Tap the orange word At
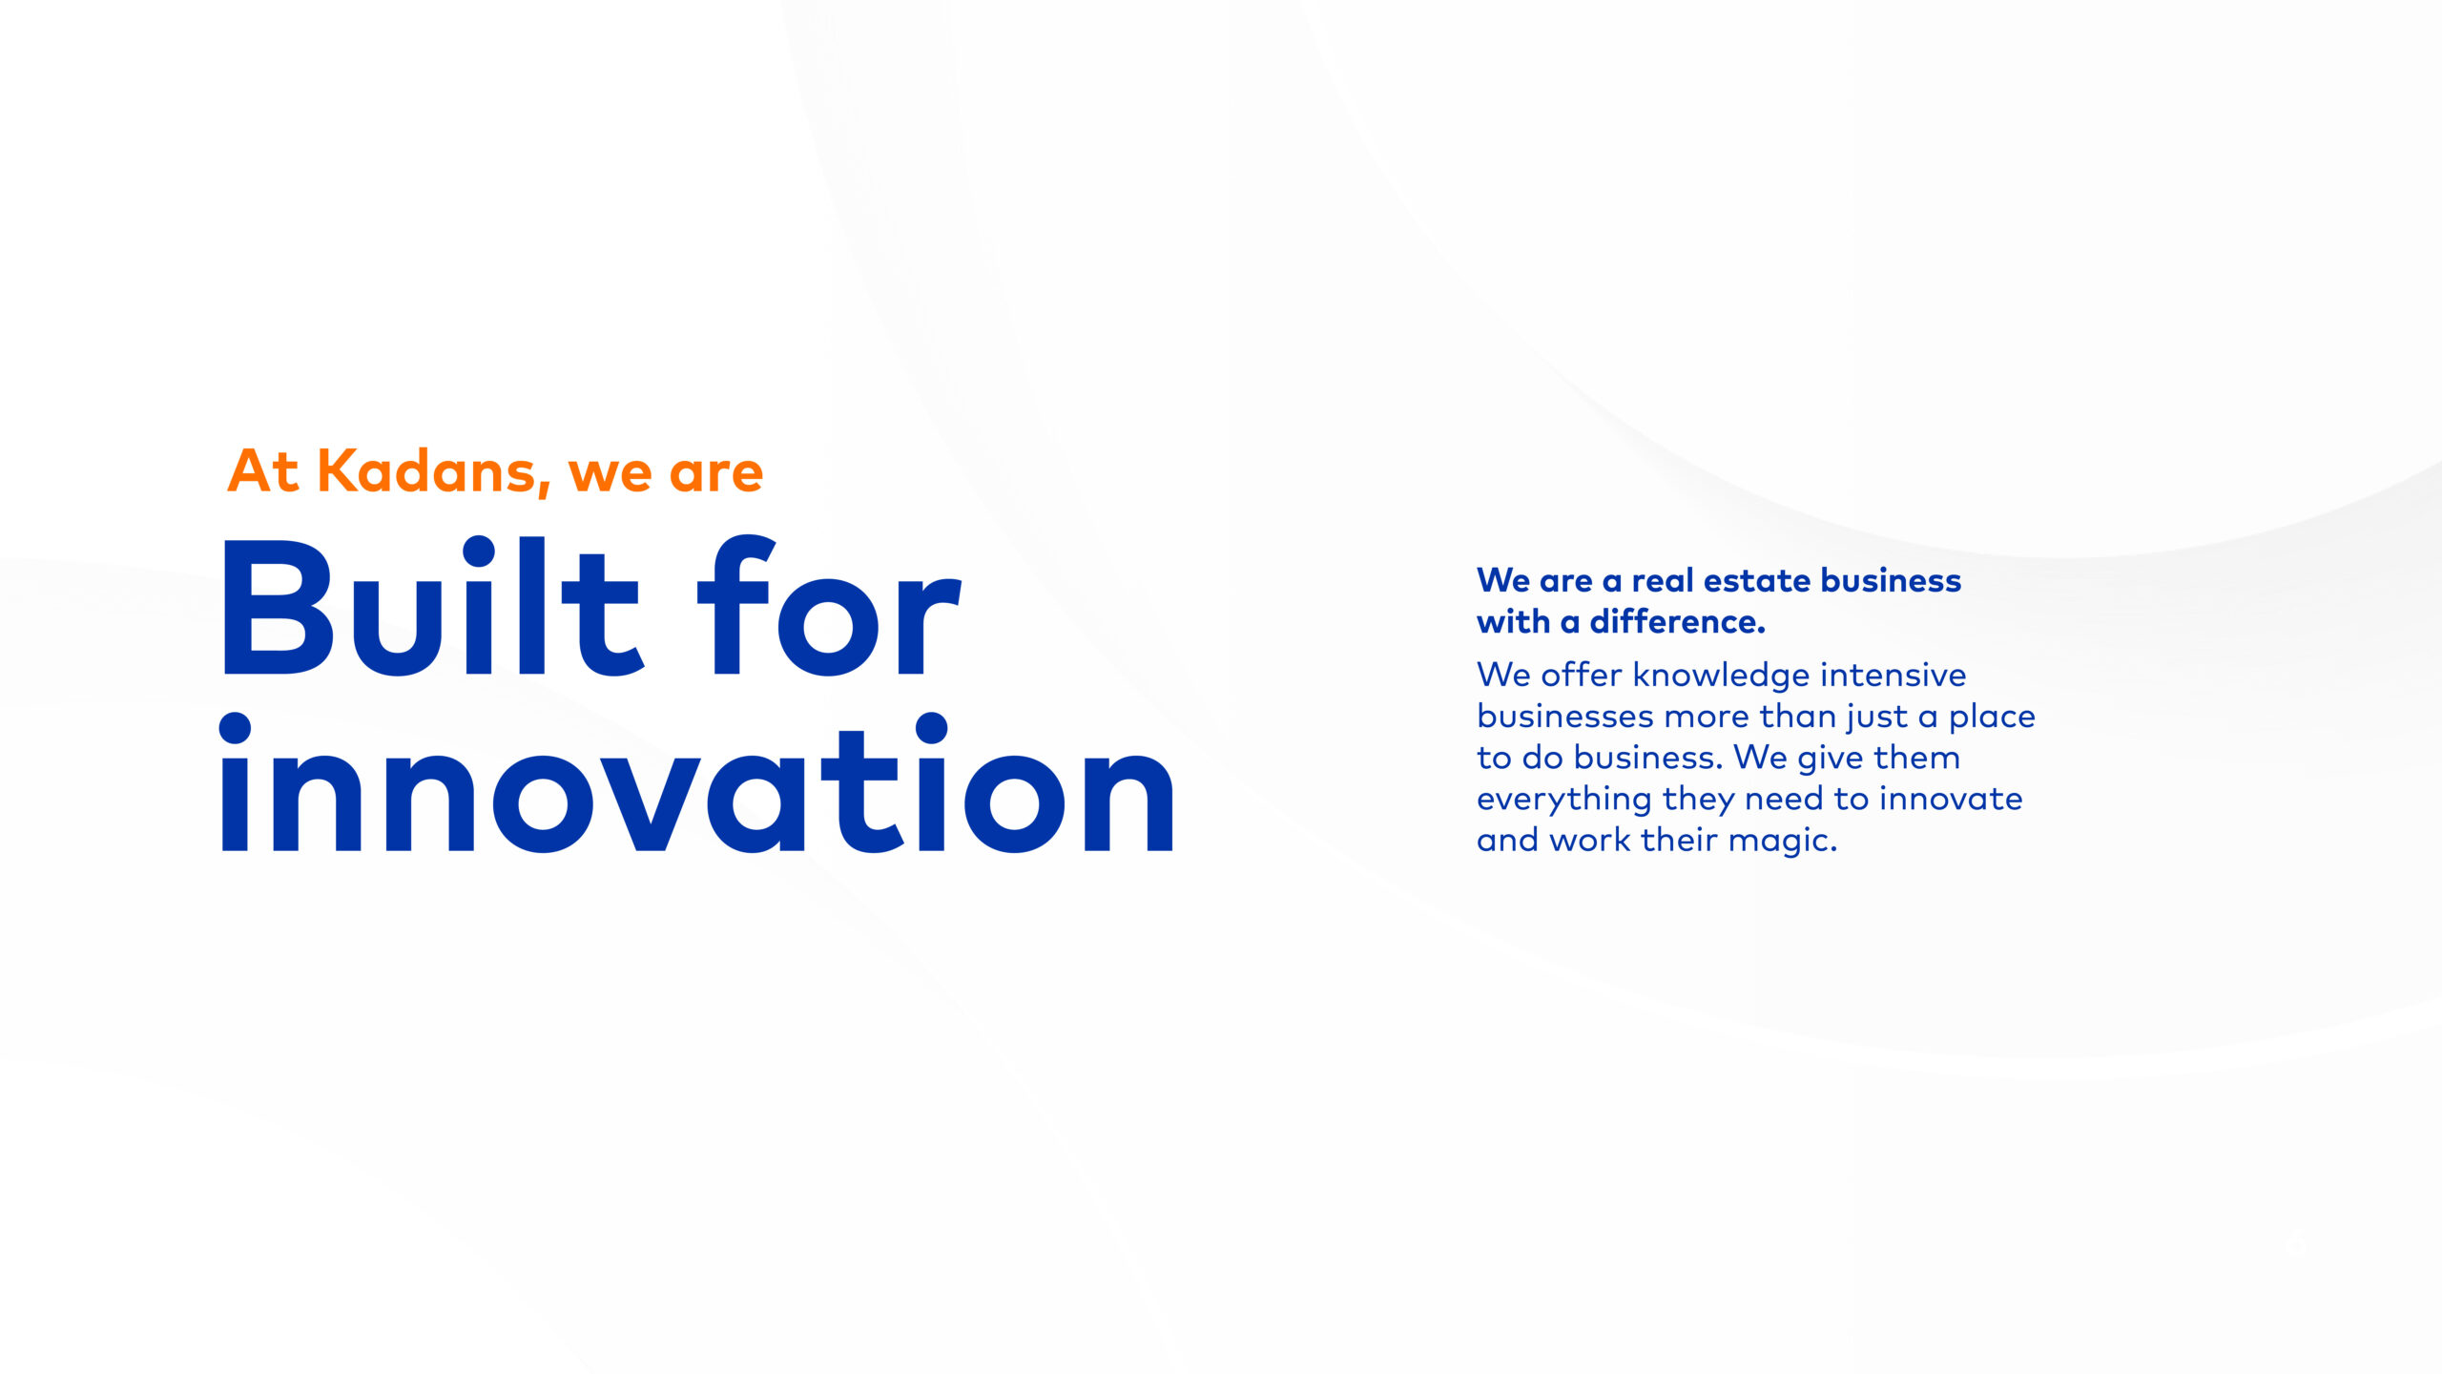click(x=263, y=471)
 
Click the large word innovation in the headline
click(x=697, y=782)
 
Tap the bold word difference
click(x=1677, y=622)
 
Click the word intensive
click(x=1893, y=676)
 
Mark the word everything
click(x=1564, y=800)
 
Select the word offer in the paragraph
click(x=1581, y=676)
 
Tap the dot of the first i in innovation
click(x=235, y=728)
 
